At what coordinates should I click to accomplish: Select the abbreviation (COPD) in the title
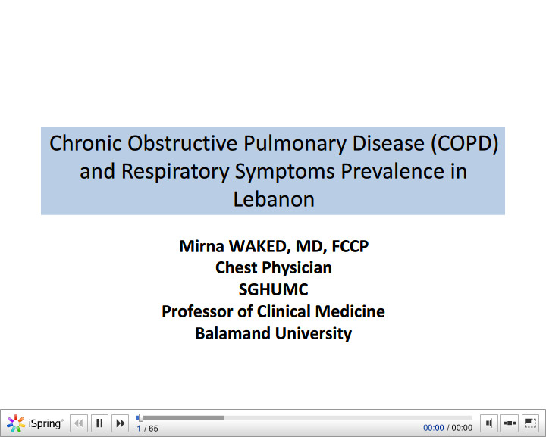click(463, 143)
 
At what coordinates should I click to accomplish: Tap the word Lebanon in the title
click(273, 199)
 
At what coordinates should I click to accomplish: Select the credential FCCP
click(350, 246)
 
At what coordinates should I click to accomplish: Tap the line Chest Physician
click(273, 267)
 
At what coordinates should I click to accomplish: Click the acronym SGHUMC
click(273, 289)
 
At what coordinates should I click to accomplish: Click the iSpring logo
click(35, 423)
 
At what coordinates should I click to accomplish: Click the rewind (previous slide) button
click(79, 423)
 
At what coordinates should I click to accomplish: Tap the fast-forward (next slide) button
click(120, 423)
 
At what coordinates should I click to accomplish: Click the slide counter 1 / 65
click(147, 429)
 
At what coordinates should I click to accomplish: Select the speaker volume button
click(489, 423)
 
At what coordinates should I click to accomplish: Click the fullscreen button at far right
click(530, 423)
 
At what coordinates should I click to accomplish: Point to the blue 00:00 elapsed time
click(433, 428)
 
